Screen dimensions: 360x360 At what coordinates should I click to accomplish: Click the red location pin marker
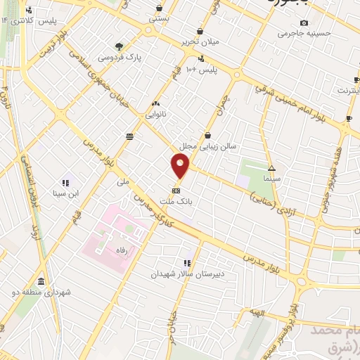click(181, 167)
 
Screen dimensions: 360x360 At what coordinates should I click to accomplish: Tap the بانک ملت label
click(176, 201)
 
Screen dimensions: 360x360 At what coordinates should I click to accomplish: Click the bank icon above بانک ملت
click(176, 190)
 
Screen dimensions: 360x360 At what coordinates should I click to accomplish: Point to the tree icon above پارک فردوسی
click(120, 46)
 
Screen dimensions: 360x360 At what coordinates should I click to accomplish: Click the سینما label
click(271, 179)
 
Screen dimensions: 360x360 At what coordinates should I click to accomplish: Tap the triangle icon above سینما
click(271, 168)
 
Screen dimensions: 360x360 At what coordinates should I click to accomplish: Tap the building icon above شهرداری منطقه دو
click(41, 281)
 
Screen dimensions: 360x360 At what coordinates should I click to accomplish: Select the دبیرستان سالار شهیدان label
click(186, 274)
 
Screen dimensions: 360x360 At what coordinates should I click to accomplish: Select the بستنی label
click(158, 19)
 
